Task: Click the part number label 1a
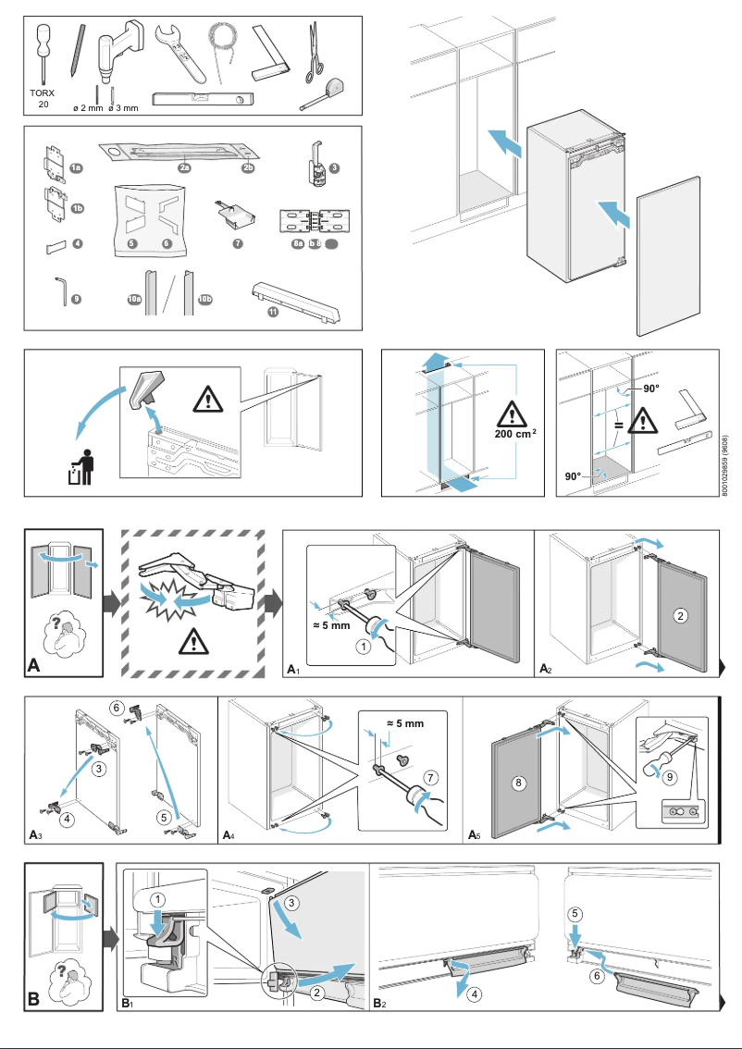77,167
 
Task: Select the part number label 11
273,312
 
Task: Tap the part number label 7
238,243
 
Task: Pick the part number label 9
76,299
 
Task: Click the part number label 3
334,167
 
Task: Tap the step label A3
35,835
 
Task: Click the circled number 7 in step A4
428,775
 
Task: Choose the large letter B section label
33,999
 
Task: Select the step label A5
474,835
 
